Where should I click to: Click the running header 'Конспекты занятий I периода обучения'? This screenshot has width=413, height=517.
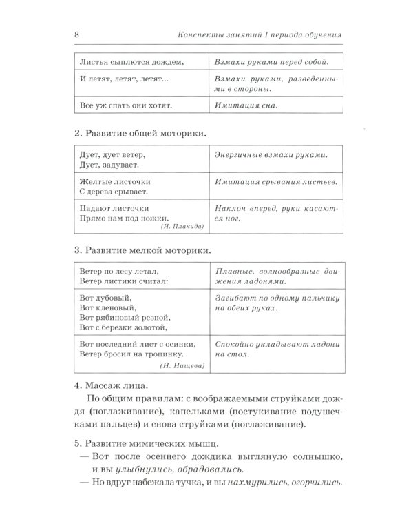[260, 35]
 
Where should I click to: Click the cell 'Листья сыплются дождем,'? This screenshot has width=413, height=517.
[131, 61]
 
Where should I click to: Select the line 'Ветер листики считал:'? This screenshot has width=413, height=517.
[123, 281]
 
